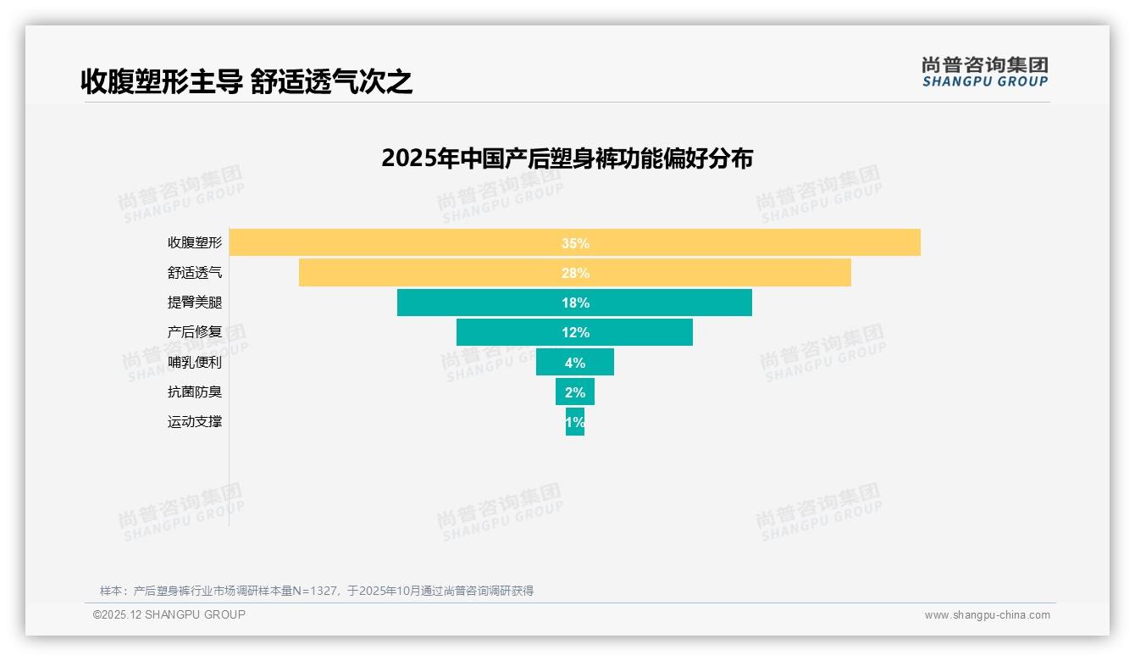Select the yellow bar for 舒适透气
pos(424,273)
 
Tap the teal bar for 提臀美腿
pos(474,303)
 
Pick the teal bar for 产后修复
pos(508,332)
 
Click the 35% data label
pos(575,243)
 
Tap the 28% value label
pos(575,273)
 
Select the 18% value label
pos(575,303)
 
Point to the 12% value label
pos(575,332)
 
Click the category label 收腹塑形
pos(195,242)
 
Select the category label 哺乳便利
pos(195,362)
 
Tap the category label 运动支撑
pos(195,421)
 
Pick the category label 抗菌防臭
pos(195,392)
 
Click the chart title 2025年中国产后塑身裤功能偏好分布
pos(567,158)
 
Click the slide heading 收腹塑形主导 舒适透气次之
pos(246,81)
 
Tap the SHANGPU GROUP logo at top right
pos(984,72)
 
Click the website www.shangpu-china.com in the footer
pos(987,615)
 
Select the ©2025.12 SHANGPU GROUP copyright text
pos(169,614)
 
